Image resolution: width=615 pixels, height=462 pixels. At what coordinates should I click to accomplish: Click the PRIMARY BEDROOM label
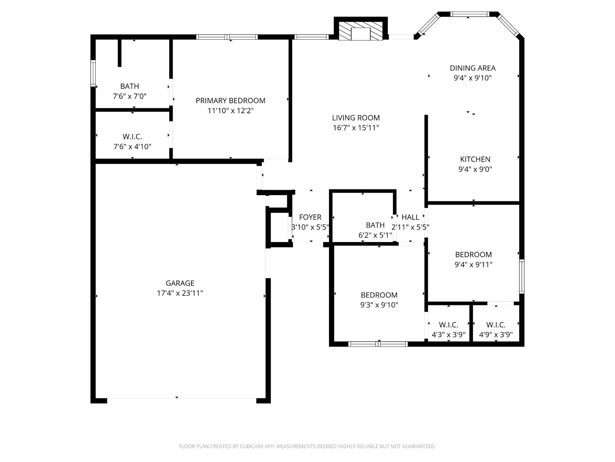point(230,100)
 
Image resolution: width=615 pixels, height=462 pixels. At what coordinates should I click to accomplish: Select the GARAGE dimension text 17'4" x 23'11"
point(180,293)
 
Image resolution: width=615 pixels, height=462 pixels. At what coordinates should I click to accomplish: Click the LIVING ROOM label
point(356,118)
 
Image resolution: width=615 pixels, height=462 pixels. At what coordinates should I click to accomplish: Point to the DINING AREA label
point(472,68)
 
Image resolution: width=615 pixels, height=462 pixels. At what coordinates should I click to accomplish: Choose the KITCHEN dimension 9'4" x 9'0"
point(475,169)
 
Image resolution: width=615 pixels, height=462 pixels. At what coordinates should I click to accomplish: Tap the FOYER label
point(310,217)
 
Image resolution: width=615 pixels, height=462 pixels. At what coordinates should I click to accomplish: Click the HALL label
point(410,217)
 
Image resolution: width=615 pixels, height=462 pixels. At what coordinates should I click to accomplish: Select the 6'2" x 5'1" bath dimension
point(375,235)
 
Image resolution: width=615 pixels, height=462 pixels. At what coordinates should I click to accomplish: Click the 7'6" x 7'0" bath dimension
point(130,96)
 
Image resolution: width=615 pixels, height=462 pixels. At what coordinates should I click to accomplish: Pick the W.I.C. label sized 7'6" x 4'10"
point(132,137)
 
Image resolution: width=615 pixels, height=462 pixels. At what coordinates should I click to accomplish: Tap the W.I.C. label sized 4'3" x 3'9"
point(449,325)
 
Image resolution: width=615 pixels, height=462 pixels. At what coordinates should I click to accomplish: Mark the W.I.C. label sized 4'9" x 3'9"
point(496,325)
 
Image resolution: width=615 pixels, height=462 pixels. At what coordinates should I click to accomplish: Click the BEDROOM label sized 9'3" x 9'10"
point(379,295)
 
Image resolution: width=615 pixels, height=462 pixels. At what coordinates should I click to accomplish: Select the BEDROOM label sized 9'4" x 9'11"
point(473,254)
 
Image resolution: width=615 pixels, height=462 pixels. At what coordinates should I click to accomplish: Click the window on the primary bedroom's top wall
point(227,37)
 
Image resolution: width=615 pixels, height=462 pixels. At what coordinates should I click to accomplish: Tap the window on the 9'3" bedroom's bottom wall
point(378,344)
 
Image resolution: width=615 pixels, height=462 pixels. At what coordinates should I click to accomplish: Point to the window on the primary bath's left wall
point(93,73)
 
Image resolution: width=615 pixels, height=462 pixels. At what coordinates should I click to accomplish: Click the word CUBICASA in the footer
point(251,446)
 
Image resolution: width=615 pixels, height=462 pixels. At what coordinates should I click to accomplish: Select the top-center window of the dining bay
point(469,14)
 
